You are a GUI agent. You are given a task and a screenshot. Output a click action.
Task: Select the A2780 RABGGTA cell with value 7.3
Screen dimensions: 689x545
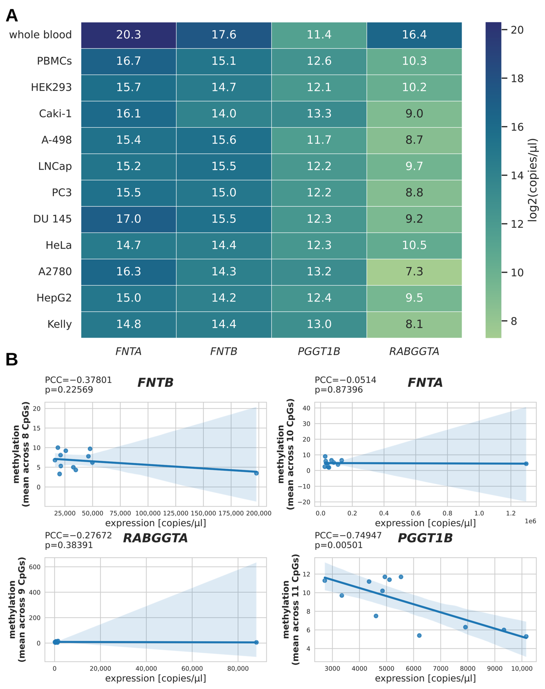click(x=414, y=272)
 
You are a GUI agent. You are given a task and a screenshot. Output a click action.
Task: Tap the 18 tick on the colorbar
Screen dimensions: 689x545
click(x=517, y=78)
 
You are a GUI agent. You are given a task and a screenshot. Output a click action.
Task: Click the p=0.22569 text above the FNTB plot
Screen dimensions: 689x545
click(x=69, y=390)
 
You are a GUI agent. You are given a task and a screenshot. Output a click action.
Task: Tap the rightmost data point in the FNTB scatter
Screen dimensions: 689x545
click(x=256, y=473)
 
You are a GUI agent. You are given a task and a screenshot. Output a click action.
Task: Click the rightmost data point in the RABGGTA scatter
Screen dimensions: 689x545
click(x=256, y=642)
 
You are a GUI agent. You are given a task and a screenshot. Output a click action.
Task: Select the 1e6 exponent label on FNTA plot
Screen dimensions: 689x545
click(x=530, y=521)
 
